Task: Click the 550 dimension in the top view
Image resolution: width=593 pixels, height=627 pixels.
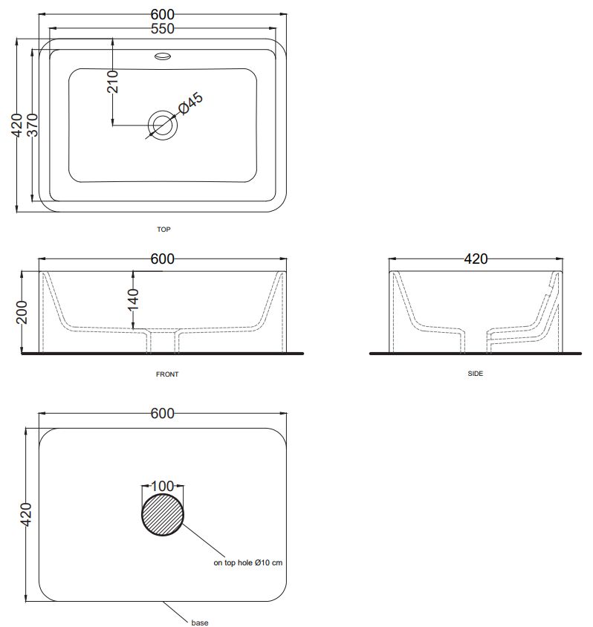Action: click(x=162, y=29)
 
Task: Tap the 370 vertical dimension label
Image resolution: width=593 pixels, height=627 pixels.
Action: click(x=33, y=125)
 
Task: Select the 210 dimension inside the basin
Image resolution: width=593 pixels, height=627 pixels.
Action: click(x=113, y=81)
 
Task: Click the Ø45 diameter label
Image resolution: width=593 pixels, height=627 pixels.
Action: click(x=191, y=103)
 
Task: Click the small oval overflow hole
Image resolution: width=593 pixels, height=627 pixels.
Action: click(x=163, y=56)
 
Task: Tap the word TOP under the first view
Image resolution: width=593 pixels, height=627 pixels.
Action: click(x=163, y=230)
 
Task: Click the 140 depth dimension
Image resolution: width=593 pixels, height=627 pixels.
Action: click(x=133, y=300)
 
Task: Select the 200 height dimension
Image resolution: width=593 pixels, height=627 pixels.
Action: click(x=22, y=312)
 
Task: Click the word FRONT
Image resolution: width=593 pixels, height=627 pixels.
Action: click(x=167, y=374)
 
